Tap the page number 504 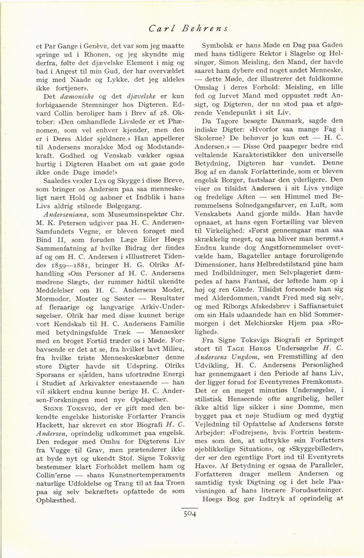coord(189,513)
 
